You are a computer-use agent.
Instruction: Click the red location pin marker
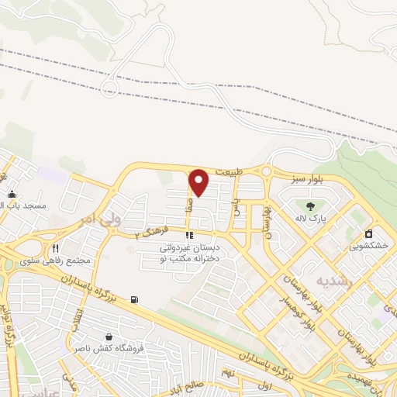click(x=198, y=182)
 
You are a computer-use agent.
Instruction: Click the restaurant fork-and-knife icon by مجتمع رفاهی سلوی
click(x=55, y=248)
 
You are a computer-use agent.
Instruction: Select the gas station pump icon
click(x=136, y=299)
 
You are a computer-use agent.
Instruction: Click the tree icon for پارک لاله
click(x=311, y=205)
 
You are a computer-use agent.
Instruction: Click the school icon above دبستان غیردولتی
click(x=188, y=235)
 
